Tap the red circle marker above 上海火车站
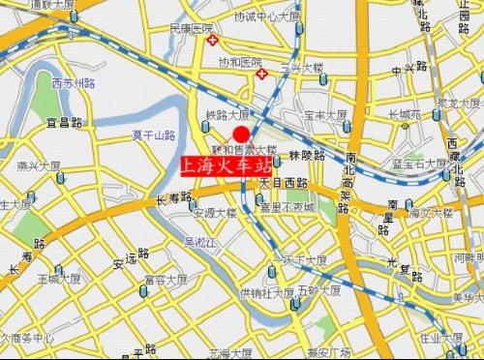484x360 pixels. (242, 133)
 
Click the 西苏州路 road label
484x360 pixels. (74, 81)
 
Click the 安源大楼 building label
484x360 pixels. (215, 213)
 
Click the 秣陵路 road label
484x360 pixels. (304, 155)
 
